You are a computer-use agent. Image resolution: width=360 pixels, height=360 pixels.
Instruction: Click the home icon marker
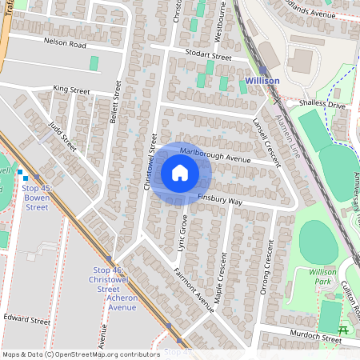(x=180, y=173)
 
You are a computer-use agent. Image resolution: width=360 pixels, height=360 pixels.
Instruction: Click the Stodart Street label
(x=203, y=57)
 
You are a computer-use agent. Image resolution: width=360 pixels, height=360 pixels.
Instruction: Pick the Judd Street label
(x=62, y=137)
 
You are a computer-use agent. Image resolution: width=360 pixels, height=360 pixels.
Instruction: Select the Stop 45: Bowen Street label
(x=37, y=198)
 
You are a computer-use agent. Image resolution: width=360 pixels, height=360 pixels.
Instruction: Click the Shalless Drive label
(x=320, y=104)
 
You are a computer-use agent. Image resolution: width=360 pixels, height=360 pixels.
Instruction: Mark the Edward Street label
(x=26, y=319)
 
